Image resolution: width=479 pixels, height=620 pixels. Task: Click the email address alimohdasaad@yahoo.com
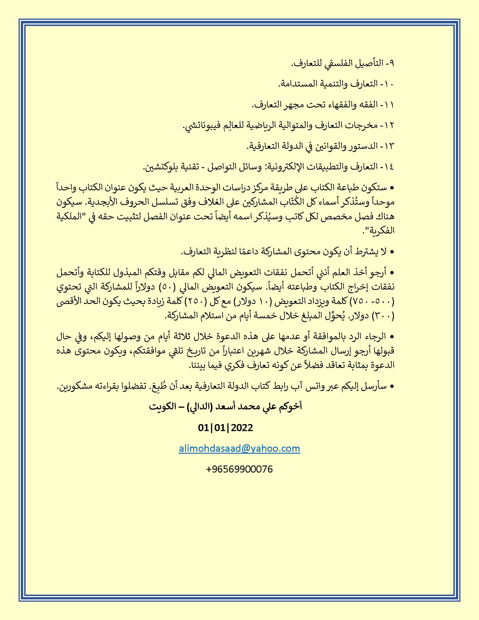pos(239,448)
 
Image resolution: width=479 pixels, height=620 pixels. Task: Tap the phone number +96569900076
pos(239,469)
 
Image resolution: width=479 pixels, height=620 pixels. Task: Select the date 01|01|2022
pos(225,427)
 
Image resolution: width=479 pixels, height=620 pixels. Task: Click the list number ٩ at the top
pos(392,63)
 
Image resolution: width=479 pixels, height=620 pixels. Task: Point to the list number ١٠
pos(389,84)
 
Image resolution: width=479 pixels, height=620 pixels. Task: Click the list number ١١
pos(389,105)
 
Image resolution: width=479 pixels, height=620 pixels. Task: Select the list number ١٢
pos(389,125)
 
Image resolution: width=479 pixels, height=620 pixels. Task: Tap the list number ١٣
pos(389,146)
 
